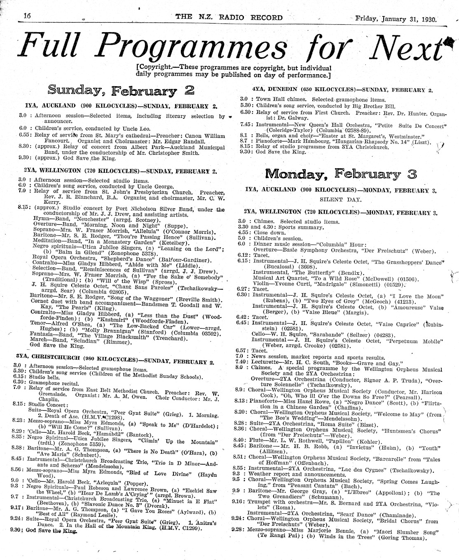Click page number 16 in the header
[x=28, y=15]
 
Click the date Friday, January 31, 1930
[x=398, y=18]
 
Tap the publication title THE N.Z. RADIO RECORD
[x=229, y=17]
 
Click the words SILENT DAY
[x=340, y=199]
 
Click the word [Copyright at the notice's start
[x=153, y=68]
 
